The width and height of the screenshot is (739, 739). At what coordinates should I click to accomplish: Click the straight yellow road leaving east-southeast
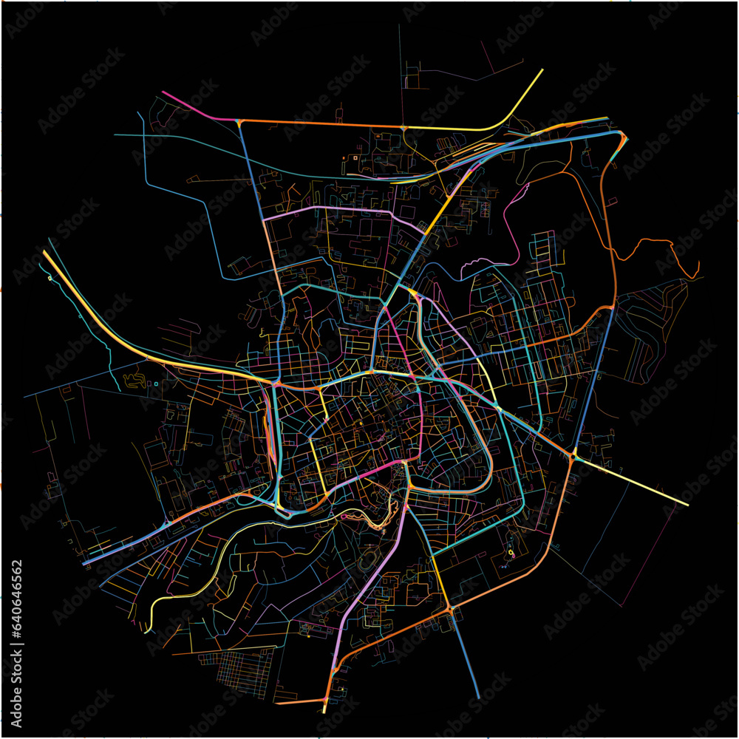point(636,481)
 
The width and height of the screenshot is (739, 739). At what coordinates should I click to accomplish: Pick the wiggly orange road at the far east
point(658,248)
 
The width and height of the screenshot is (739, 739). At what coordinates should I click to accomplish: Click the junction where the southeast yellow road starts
point(574,453)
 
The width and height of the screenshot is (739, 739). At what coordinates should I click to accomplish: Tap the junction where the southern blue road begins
point(449,609)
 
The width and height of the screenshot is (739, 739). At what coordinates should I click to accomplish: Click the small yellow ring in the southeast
point(510,552)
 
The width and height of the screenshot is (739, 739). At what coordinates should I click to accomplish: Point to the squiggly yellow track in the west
point(137,381)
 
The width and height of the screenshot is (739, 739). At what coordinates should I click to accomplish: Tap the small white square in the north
point(355,157)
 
